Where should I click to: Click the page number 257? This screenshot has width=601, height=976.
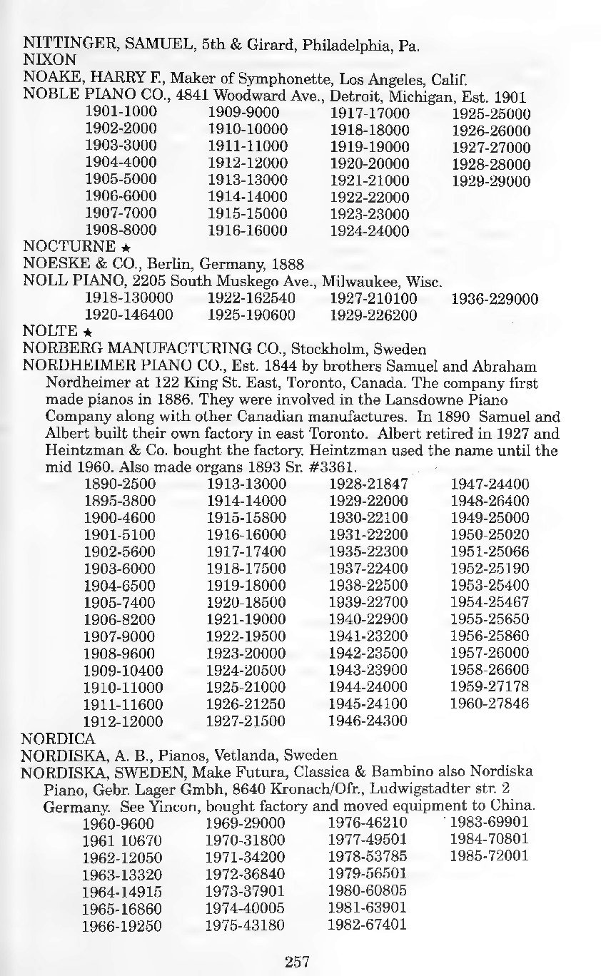(x=297, y=962)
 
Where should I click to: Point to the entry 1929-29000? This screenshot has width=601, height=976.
(x=491, y=181)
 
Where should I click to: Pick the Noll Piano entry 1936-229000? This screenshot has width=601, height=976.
(x=495, y=298)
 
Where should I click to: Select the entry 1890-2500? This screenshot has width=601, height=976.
(x=121, y=484)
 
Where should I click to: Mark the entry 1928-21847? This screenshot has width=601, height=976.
(x=368, y=484)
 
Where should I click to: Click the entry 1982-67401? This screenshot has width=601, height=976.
(x=366, y=925)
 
